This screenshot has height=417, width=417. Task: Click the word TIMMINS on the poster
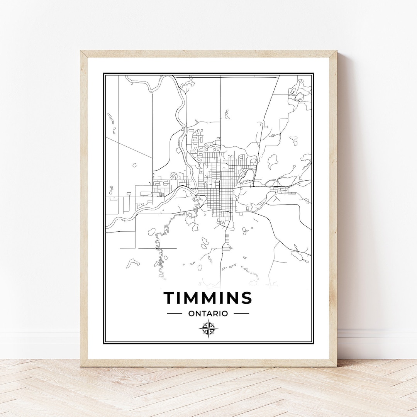click(x=208, y=298)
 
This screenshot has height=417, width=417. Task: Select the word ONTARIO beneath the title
click(x=208, y=314)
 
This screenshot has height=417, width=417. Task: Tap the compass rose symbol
click(x=208, y=329)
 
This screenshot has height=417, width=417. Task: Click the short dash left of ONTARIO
click(x=175, y=314)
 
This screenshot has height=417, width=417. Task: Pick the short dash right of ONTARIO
click(x=241, y=314)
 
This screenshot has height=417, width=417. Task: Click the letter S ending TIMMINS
click(x=247, y=298)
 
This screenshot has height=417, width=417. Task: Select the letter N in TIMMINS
click(x=232, y=298)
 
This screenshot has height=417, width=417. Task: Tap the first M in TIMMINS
click(x=191, y=298)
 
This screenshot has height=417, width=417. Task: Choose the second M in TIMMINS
click(x=208, y=298)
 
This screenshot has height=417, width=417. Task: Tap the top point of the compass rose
click(x=208, y=320)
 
